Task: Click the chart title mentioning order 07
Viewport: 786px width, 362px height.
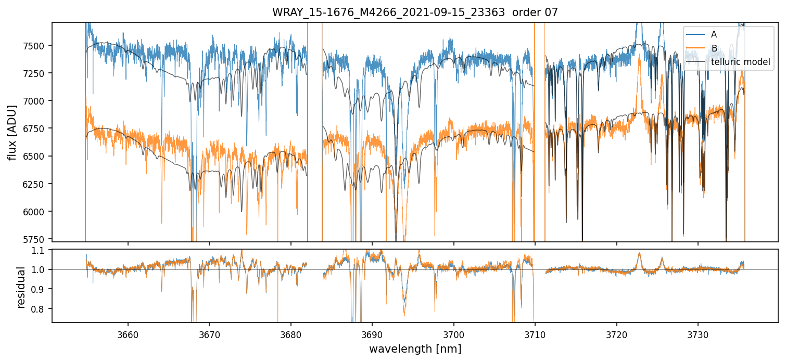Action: click(415, 12)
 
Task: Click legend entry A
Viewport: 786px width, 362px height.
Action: click(714, 34)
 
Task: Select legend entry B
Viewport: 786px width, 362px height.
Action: click(714, 48)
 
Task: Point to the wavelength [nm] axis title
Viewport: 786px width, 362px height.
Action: click(415, 349)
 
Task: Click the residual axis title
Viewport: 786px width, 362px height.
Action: click(21, 287)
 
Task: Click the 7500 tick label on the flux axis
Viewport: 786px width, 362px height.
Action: click(34, 45)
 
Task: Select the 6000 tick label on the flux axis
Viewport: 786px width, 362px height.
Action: click(34, 212)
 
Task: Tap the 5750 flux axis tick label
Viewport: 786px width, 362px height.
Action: click(34, 239)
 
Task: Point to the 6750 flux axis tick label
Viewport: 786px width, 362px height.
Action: click(34, 128)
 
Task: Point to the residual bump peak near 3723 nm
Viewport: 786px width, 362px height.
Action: click(639, 253)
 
